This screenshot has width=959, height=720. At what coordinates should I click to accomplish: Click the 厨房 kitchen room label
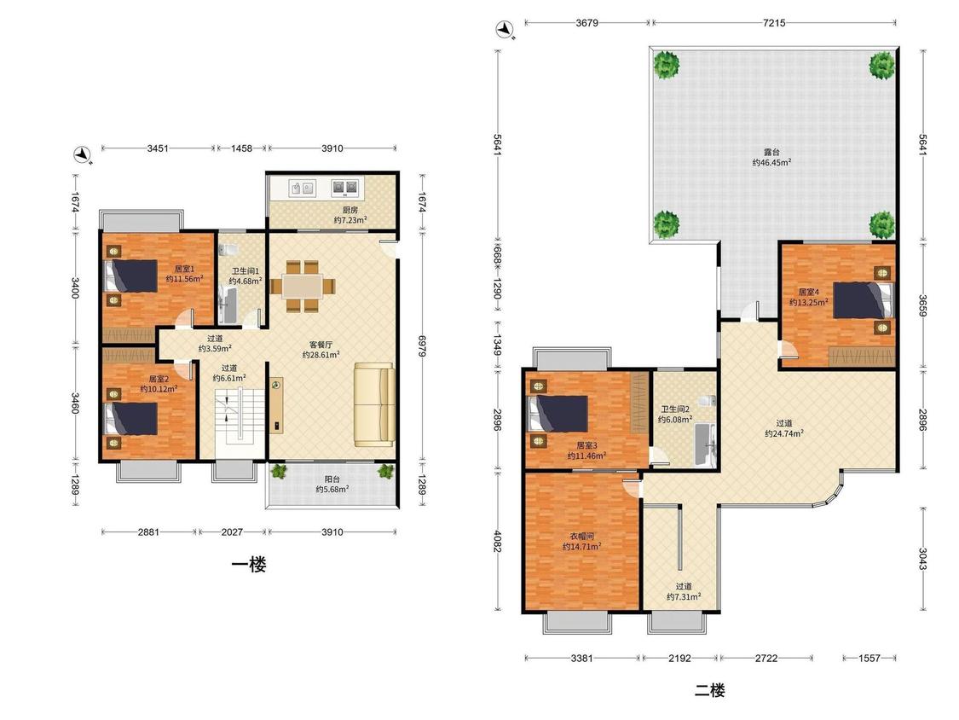(x=350, y=210)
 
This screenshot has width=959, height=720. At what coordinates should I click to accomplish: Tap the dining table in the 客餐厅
(x=303, y=286)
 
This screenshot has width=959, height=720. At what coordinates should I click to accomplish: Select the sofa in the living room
(x=373, y=404)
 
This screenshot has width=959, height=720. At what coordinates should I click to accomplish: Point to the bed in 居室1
(x=131, y=276)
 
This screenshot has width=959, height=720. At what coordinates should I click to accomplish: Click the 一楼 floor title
(x=249, y=565)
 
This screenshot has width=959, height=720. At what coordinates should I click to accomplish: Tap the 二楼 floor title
(x=710, y=691)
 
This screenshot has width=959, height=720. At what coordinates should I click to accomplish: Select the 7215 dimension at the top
(x=774, y=23)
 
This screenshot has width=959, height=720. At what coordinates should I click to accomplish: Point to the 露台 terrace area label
(x=771, y=152)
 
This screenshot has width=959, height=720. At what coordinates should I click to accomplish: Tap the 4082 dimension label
(x=498, y=541)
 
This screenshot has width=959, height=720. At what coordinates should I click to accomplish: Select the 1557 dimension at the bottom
(x=869, y=659)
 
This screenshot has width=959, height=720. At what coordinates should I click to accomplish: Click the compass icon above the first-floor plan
(x=81, y=155)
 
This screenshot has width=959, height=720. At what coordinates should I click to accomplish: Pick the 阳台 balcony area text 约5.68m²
(x=332, y=489)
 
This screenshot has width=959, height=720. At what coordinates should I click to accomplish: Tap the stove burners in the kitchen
(x=344, y=188)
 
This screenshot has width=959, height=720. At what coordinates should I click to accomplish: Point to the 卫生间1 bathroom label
(x=246, y=270)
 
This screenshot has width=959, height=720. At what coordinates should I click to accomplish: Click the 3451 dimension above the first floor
(x=158, y=148)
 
